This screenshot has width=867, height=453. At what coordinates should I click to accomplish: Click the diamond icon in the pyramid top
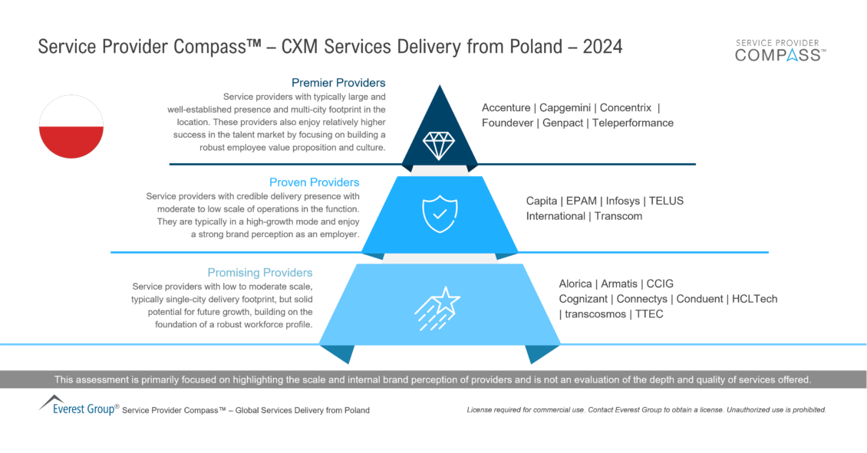click(x=439, y=146)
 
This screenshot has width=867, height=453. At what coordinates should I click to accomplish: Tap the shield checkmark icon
click(x=440, y=214)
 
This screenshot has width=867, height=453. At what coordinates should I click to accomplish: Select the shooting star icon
click(x=437, y=309)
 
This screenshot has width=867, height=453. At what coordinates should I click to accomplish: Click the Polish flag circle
click(x=71, y=126)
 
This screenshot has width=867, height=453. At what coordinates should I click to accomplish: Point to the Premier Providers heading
click(x=338, y=83)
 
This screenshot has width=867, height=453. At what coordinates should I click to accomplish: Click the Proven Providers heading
click(x=314, y=182)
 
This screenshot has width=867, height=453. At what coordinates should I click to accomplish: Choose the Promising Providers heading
click(x=260, y=272)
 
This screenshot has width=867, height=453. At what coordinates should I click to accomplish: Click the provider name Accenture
click(x=506, y=108)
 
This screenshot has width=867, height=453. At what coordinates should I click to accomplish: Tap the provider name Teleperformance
click(x=633, y=123)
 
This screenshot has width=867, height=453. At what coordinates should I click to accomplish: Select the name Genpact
click(x=562, y=123)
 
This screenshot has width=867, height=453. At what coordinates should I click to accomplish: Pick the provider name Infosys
click(x=622, y=201)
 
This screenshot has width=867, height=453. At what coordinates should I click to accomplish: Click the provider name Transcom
click(x=618, y=216)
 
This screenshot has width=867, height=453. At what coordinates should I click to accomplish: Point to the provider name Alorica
click(x=575, y=284)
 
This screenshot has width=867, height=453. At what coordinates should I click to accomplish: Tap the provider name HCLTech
click(x=755, y=299)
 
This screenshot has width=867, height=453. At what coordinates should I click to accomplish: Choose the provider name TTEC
click(x=649, y=314)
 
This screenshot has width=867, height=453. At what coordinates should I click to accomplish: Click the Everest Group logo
click(x=78, y=405)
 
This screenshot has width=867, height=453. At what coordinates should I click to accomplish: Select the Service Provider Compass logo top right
click(x=780, y=51)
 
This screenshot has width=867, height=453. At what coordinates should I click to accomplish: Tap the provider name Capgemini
click(x=565, y=108)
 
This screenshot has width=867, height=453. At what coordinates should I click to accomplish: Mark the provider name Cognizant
click(x=583, y=300)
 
